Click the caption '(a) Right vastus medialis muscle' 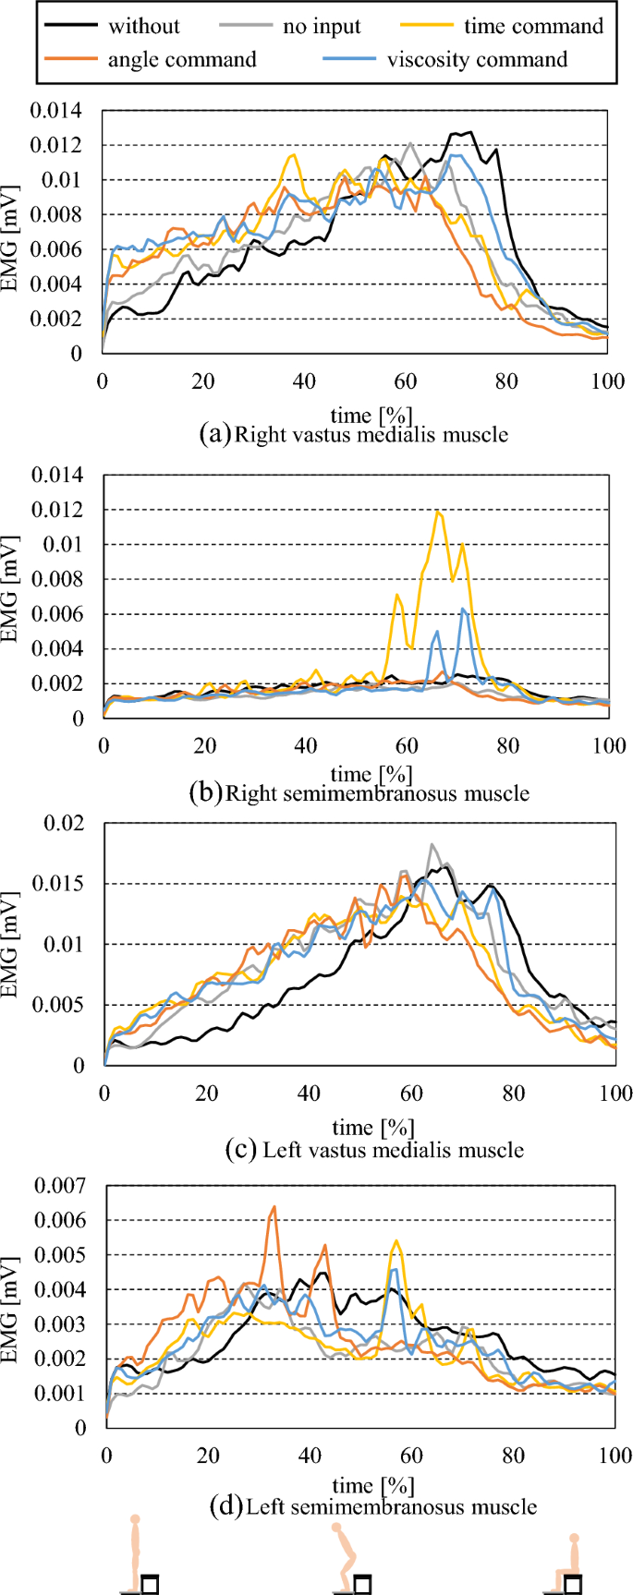tap(354, 434)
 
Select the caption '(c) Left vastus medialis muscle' tap(374, 1150)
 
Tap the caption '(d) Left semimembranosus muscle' tap(374, 1507)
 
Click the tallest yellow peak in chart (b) tap(439, 512)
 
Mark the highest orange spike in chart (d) tap(274, 1207)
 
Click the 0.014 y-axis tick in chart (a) tap(56, 111)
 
